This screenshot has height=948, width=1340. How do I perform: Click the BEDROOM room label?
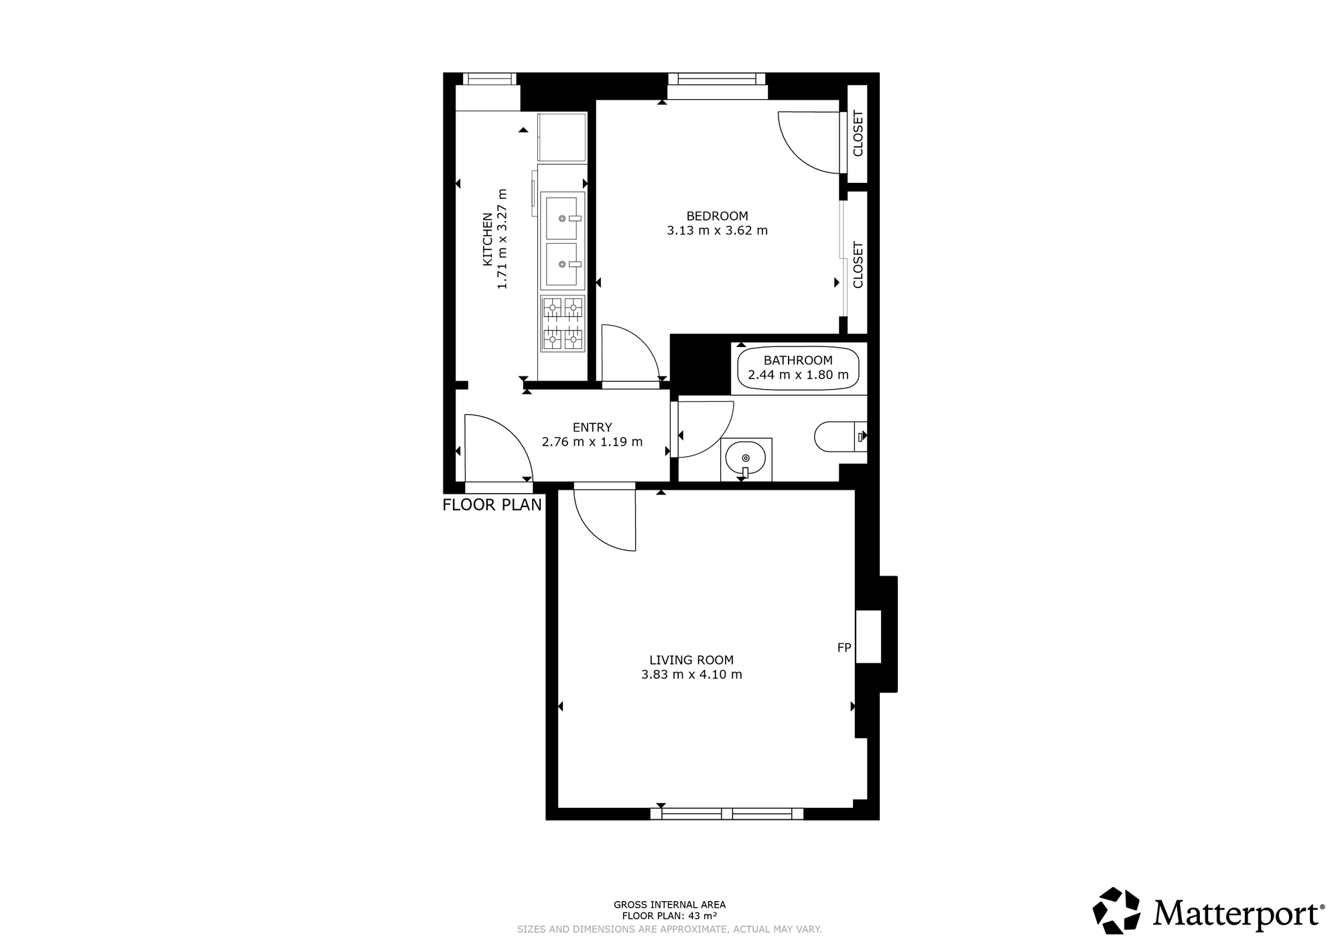click(717, 216)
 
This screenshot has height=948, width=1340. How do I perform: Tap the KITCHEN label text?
click(488, 239)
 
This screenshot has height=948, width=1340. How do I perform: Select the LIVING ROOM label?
click(691, 660)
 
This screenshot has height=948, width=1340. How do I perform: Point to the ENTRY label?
click(592, 427)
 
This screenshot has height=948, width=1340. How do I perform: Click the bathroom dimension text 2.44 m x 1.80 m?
click(798, 375)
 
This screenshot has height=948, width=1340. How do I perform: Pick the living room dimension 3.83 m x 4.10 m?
click(691, 675)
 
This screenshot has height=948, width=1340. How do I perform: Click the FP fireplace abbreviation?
click(844, 648)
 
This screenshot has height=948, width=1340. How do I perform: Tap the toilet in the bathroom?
click(841, 437)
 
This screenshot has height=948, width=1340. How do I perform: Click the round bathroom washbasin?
click(746, 458)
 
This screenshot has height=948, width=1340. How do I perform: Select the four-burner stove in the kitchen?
click(562, 324)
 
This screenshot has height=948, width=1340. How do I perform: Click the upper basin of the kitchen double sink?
click(561, 216)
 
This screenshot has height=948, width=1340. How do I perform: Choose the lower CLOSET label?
click(858, 265)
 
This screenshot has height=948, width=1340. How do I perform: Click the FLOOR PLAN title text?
click(492, 505)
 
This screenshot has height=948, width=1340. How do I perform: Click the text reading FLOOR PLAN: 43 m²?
click(669, 916)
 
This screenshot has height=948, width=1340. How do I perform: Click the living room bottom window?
click(727, 814)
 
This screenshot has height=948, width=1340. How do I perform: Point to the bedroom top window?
click(717, 79)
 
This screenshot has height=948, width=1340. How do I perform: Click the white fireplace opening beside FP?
click(868, 636)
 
